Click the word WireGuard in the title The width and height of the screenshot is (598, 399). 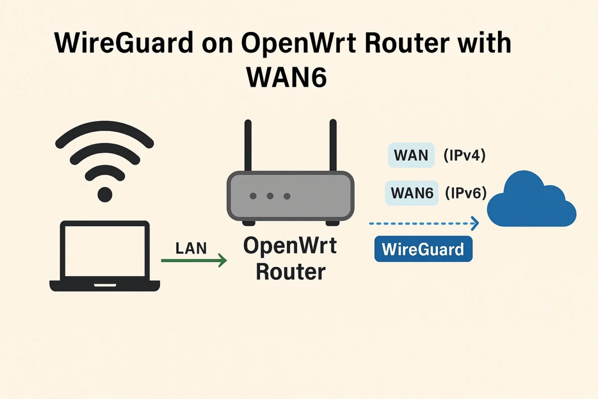[x=123, y=43]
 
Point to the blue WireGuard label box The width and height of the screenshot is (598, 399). [x=423, y=248]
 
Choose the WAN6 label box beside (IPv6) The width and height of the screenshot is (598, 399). [x=412, y=193]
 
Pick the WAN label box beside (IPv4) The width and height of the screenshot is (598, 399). [x=411, y=156]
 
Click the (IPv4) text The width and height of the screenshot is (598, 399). [x=464, y=156]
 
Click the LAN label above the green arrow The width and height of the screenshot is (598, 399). [x=191, y=247]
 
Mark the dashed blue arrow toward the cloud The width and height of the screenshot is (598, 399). [x=424, y=223]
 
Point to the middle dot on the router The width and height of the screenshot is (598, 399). [x=270, y=196]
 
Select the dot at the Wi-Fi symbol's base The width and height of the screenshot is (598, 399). [x=105, y=194]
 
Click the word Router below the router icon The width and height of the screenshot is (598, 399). [x=290, y=272]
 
